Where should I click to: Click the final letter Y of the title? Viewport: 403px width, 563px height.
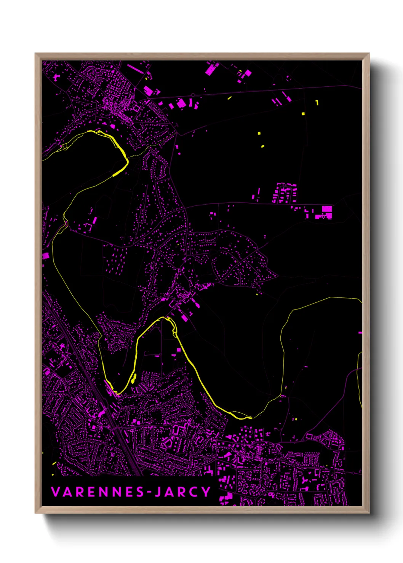pyautogui.click(x=206, y=492)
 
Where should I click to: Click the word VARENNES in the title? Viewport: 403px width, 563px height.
pyautogui.click(x=98, y=492)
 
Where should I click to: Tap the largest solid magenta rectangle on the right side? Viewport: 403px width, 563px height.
pyautogui.click(x=327, y=209)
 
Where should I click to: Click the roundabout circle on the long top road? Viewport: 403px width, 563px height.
pyautogui.click(x=193, y=95)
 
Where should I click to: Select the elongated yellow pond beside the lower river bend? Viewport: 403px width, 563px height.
pyautogui.click(x=133, y=379)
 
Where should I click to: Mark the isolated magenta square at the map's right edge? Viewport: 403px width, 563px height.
pyautogui.click(x=360, y=333)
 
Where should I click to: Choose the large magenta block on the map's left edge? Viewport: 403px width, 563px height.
pyautogui.click(x=45, y=256)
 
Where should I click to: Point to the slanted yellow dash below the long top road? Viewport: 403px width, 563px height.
pyautogui.click(x=230, y=98)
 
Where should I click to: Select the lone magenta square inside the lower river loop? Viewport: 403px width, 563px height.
pyautogui.click(x=178, y=350)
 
